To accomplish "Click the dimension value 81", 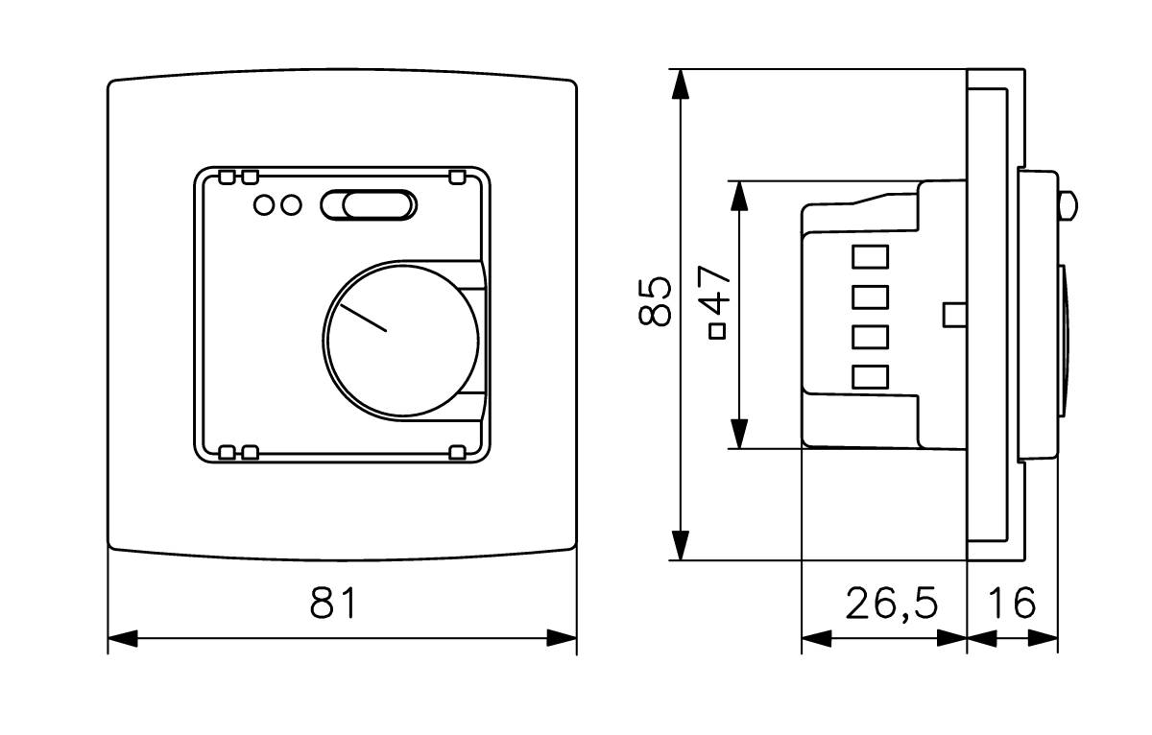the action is (333, 604).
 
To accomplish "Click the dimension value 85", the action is (655, 302).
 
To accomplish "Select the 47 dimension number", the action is (714, 290).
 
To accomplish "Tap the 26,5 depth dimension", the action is (892, 604).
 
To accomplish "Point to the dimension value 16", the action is (1012, 603).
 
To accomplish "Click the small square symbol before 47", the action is (717, 332).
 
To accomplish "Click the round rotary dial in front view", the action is (402, 340).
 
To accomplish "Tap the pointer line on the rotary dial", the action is (363, 318).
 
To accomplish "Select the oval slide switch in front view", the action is (369, 205).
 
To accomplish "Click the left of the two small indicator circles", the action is (264, 205).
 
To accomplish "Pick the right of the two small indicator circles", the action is (291, 205).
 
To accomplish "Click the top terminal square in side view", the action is (870, 257).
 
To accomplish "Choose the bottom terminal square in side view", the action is (870, 377).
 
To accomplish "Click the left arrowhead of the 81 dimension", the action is (123, 638).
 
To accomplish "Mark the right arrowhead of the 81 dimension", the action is (562, 638).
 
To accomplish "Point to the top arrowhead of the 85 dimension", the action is (681, 83).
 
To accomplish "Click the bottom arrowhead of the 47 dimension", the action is (739, 434).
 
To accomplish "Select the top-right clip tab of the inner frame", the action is (457, 178).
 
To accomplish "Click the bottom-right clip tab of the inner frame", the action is (457, 452).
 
